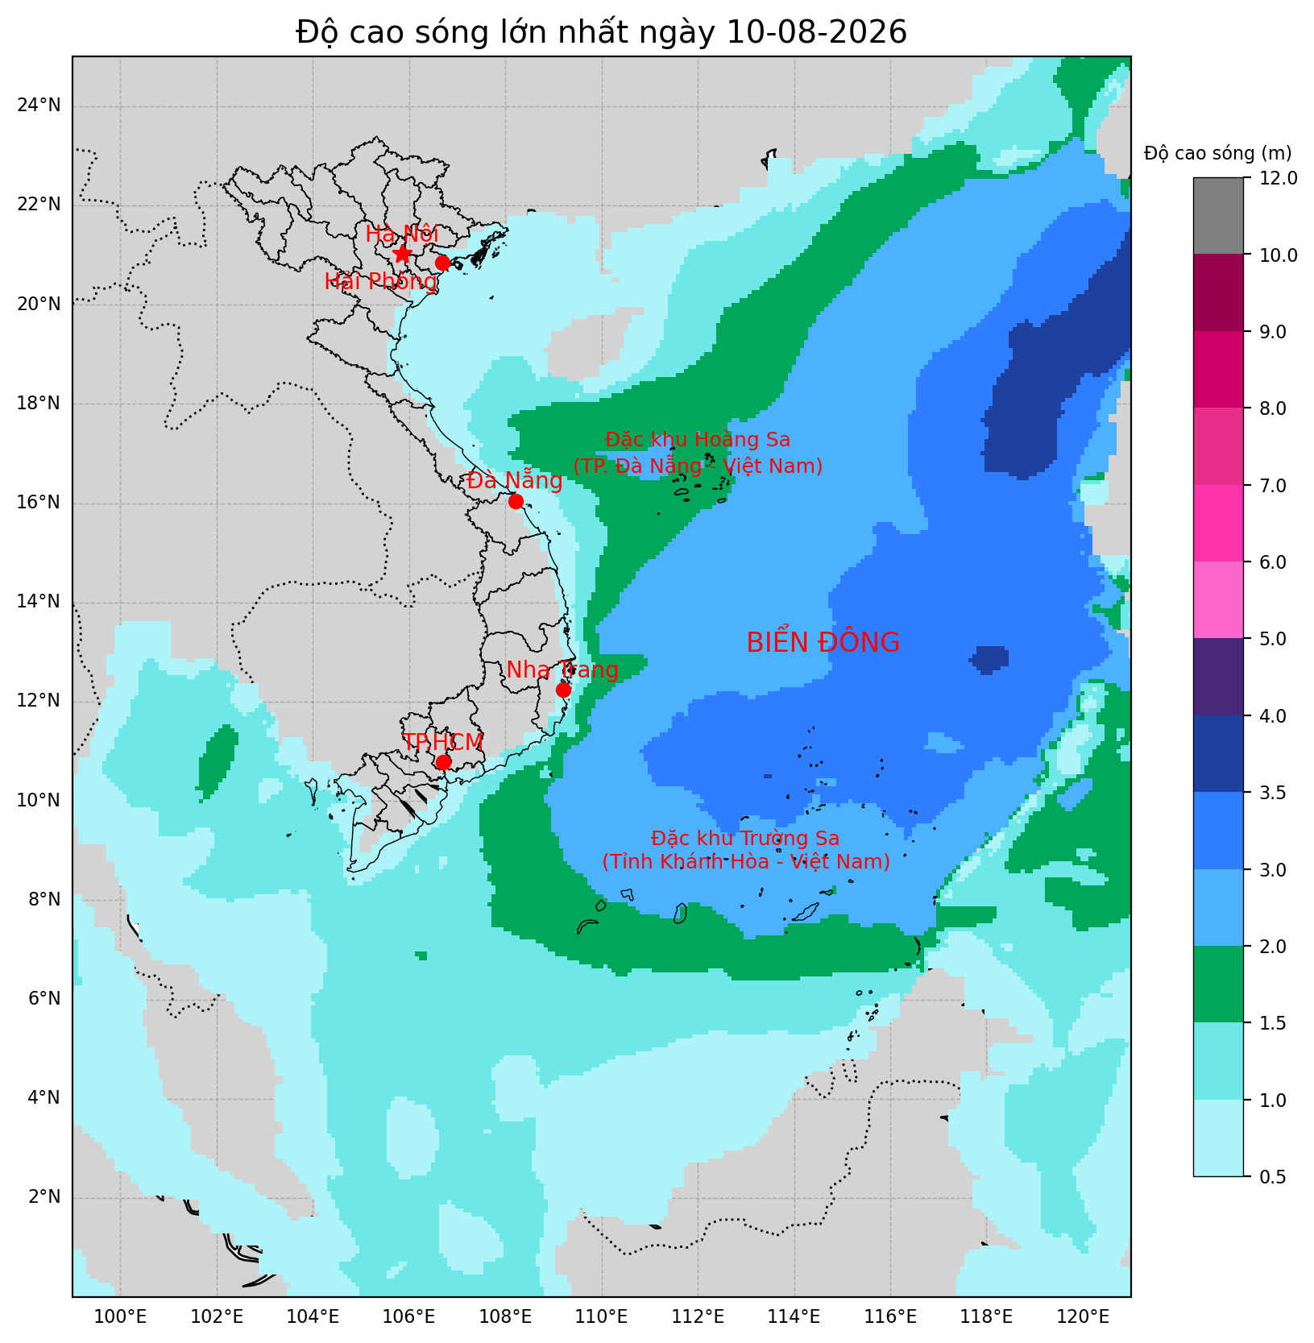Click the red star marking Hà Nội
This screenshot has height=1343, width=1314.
pos(402,254)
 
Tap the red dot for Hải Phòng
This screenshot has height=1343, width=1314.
pos(442,263)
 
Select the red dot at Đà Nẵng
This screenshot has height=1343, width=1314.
pos(516,501)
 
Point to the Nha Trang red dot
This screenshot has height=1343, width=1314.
pos(563,690)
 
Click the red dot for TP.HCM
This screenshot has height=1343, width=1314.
pos(443,762)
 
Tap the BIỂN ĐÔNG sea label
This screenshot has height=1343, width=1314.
pos(823,643)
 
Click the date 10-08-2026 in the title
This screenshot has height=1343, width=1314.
pos(817,32)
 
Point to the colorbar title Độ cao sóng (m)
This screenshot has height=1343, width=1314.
pos(1218,153)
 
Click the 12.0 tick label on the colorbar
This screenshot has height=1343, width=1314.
pos(1276,178)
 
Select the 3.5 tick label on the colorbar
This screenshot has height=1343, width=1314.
pos(1271,793)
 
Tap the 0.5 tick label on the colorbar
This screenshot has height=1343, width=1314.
pos(1271,1177)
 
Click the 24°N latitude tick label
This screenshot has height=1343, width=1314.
pos(38,106)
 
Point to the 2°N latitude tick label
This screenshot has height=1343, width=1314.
pos(44,1196)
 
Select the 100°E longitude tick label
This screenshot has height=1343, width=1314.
pos(121,1317)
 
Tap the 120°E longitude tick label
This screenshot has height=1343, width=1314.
pos(1083,1317)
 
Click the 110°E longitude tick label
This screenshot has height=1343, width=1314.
pos(602,1317)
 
